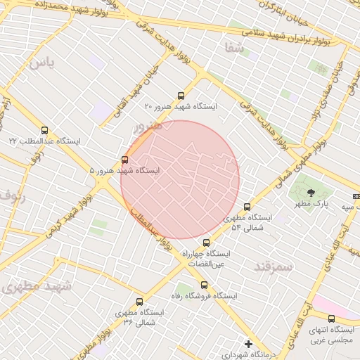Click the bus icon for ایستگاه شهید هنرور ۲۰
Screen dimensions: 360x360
(181, 96)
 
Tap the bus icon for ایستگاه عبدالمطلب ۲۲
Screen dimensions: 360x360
(45, 130)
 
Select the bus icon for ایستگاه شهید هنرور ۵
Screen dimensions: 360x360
(125, 160)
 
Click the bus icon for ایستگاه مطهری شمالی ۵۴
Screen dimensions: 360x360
(247, 207)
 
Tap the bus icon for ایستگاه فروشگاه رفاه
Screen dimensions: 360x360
(205, 285)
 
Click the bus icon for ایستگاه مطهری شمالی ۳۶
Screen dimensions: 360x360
(139, 302)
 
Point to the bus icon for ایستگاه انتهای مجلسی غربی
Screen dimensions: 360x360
(331, 319)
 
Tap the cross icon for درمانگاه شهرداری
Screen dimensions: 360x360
(247, 344)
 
